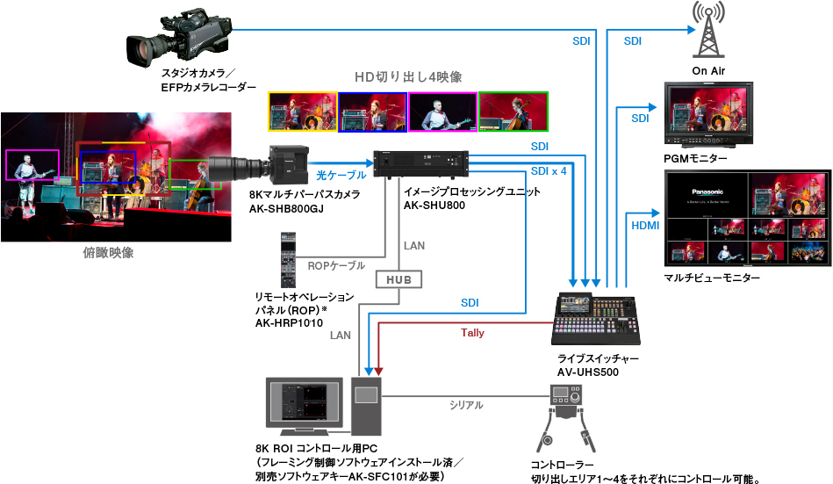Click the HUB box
pos(399,280)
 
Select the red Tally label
pos(472,333)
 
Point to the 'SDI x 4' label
pos(549,170)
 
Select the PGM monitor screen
pos(707,115)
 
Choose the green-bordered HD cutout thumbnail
pos(513,112)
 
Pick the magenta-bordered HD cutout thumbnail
pos(443,112)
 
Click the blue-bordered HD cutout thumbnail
pos(373,112)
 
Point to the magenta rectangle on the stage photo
pos(32,165)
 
